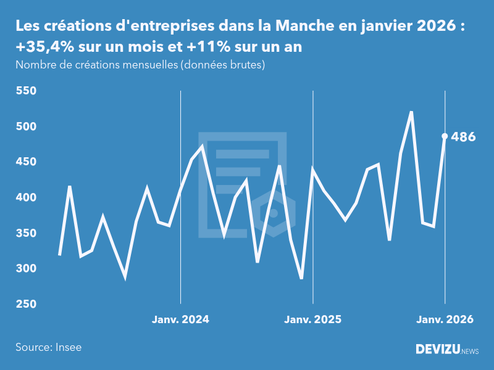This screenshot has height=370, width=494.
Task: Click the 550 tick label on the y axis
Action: pos(27,91)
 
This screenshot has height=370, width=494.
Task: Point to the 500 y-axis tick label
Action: pos(27,126)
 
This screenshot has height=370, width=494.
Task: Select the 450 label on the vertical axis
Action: pos(27,162)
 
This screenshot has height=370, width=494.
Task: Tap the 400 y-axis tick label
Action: pos(27,198)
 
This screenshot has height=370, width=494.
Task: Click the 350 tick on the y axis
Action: pos(27,233)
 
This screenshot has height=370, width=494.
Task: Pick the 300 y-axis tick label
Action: pos(27,269)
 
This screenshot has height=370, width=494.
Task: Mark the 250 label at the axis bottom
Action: pos(27,305)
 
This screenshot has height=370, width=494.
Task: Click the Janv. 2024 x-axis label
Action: pos(180,319)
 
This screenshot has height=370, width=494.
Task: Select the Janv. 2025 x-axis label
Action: pos(312,319)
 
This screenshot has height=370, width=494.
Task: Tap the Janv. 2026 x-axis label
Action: pos(445,319)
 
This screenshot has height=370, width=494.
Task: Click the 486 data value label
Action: pos(463,137)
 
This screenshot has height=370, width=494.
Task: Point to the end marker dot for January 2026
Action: pos(445,136)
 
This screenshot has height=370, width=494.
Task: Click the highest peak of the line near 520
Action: pos(411,112)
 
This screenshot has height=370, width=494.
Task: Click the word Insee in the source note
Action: pos(68,347)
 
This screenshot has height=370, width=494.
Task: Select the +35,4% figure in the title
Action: pos(43,47)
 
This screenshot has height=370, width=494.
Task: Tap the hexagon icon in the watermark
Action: pos(273,213)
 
